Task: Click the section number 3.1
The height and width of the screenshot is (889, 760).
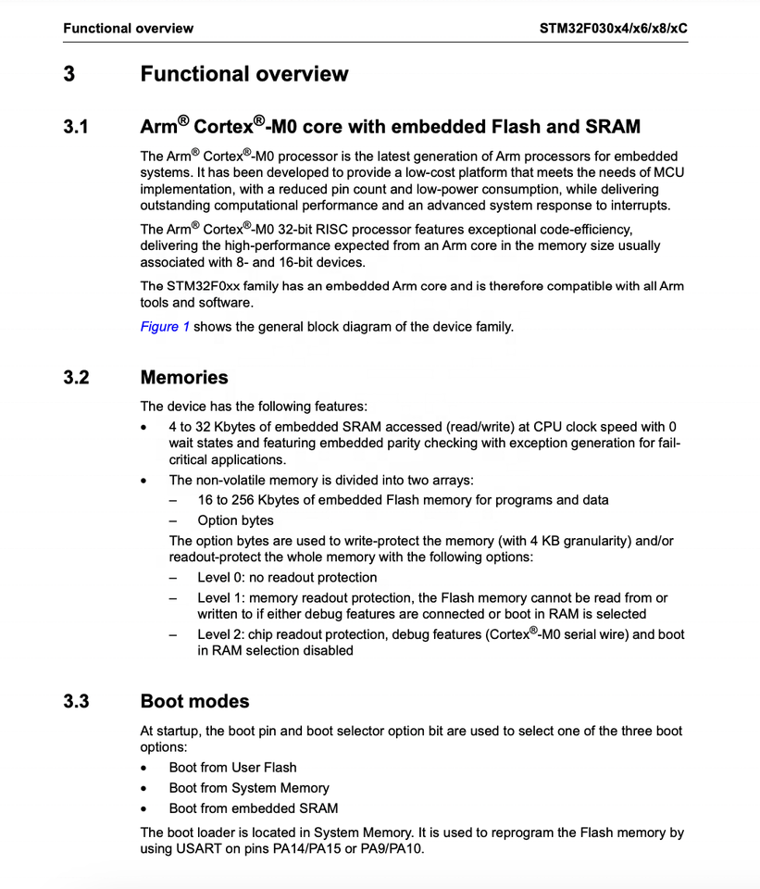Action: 76,127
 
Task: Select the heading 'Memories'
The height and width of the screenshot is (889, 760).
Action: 183,377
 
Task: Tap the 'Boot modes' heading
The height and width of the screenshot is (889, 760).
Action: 194,701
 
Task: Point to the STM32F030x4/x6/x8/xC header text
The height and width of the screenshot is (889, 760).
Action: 614,28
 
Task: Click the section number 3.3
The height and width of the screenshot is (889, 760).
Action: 76,701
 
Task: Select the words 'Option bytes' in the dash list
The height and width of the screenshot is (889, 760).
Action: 235,520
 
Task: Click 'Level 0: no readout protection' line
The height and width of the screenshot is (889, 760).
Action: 287,577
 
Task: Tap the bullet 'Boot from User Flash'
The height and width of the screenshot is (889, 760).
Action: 232,767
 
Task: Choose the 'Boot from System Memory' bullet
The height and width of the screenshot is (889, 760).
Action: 249,788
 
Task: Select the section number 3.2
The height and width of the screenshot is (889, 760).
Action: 76,377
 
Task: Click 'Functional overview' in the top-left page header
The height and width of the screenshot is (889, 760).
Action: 128,28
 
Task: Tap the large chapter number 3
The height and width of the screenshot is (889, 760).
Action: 69,74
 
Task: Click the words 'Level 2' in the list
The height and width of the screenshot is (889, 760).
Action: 218,634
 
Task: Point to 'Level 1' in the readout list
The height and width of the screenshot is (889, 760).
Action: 218,597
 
